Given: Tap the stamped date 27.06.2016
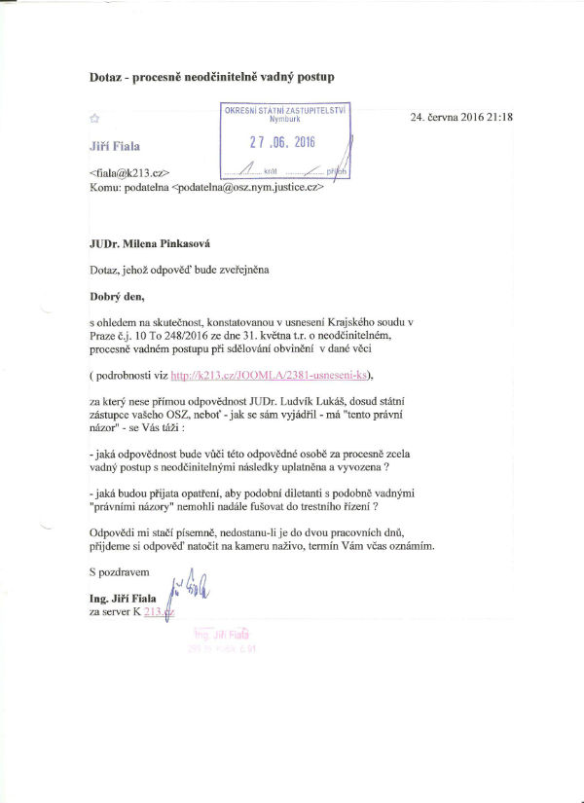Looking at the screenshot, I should [x=290, y=142].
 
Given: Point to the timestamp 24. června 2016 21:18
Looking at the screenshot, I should [x=462, y=118].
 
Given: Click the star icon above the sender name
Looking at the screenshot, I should [x=93, y=119].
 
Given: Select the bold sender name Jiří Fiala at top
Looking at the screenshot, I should [x=114, y=145].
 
